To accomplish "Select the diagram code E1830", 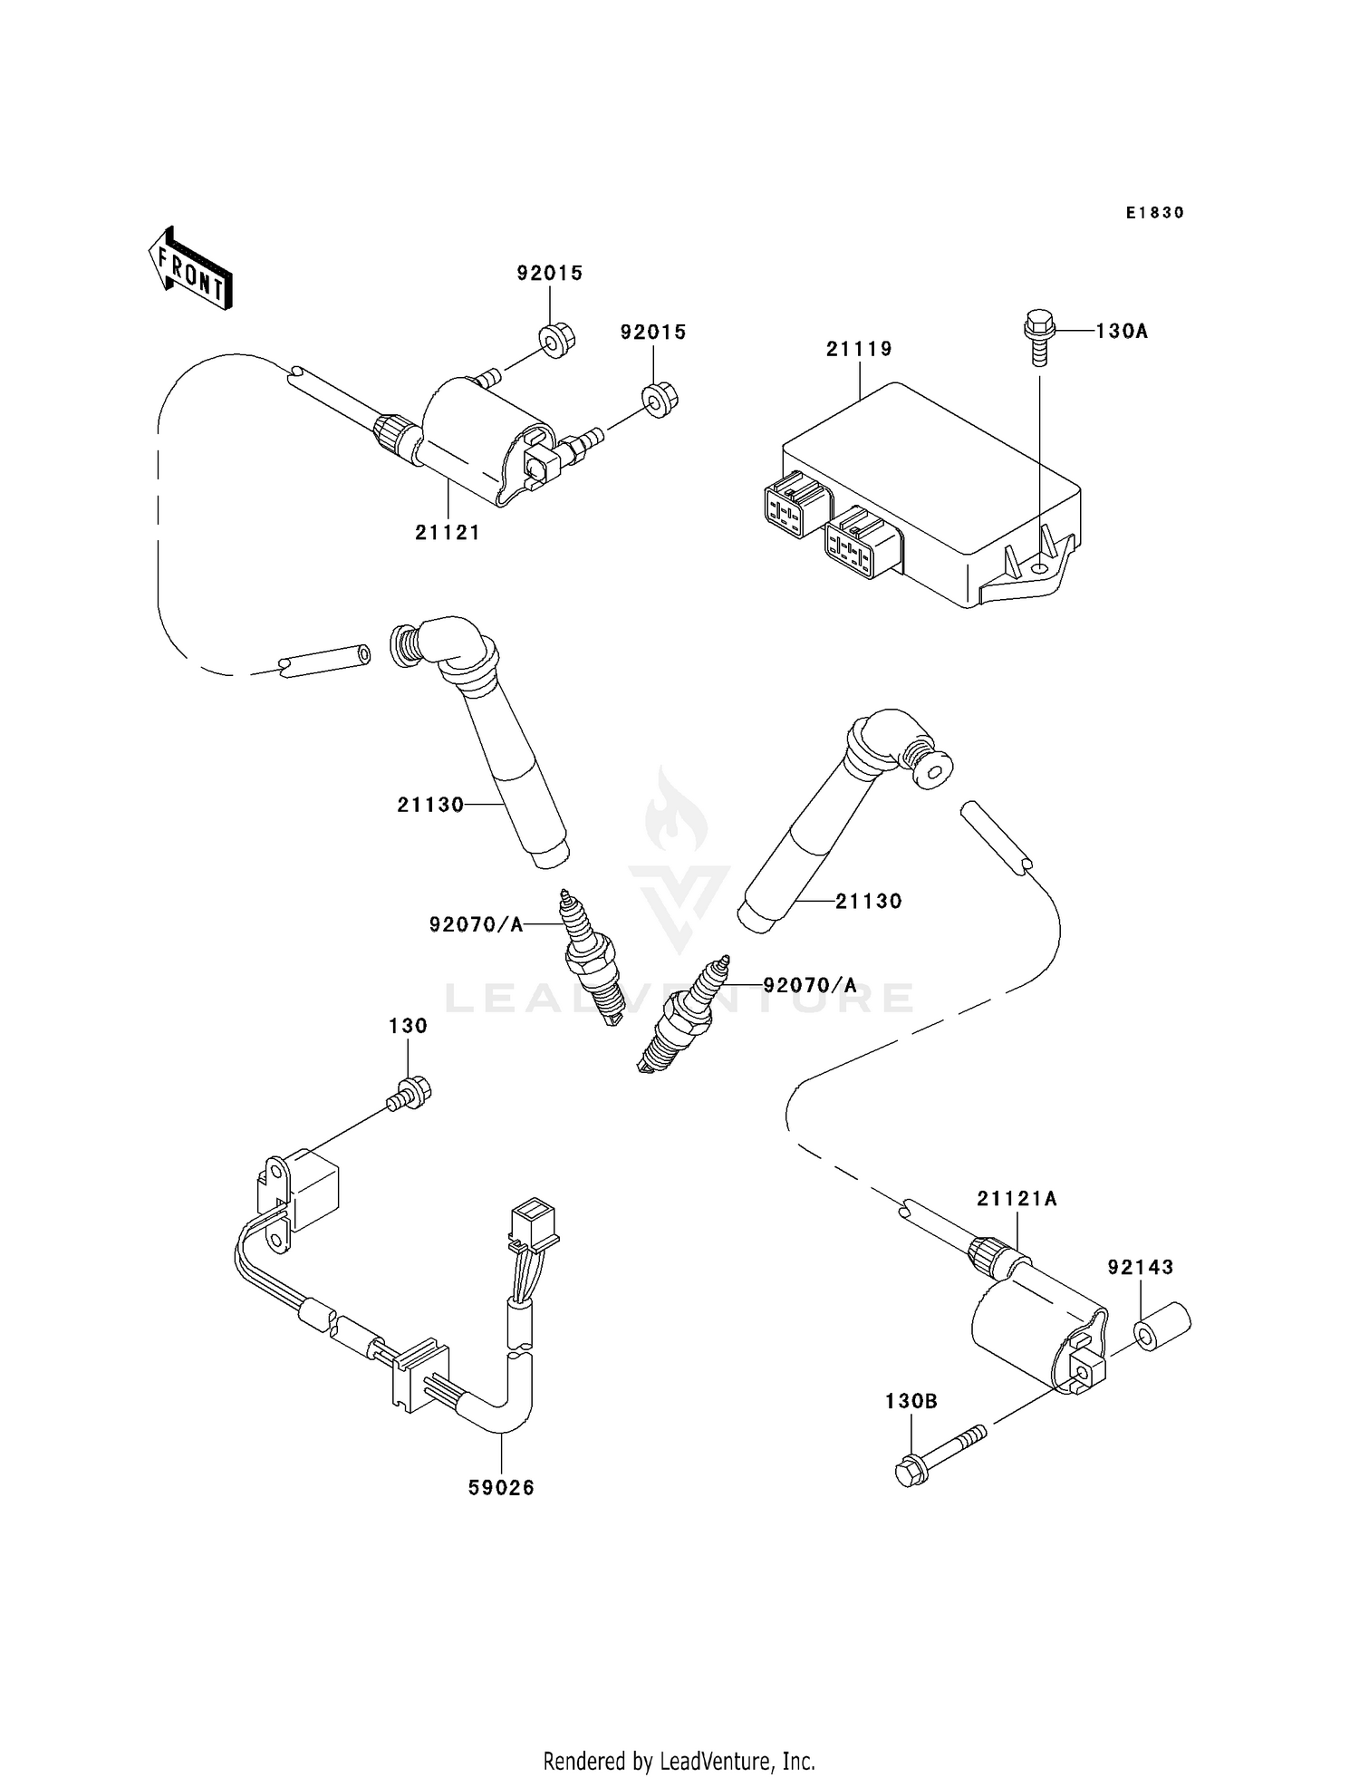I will [1154, 213].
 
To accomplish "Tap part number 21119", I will [858, 349].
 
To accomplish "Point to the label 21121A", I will [1017, 1199].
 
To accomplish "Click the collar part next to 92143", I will [1162, 1327].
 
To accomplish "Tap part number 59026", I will [501, 1487].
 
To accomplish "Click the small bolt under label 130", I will [410, 1093].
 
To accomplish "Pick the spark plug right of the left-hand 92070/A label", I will [589, 958].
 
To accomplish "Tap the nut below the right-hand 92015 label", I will [660, 399].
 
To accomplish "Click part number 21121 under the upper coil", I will [448, 533].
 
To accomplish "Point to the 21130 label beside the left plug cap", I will [430, 805].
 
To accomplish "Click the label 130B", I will [911, 1402].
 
